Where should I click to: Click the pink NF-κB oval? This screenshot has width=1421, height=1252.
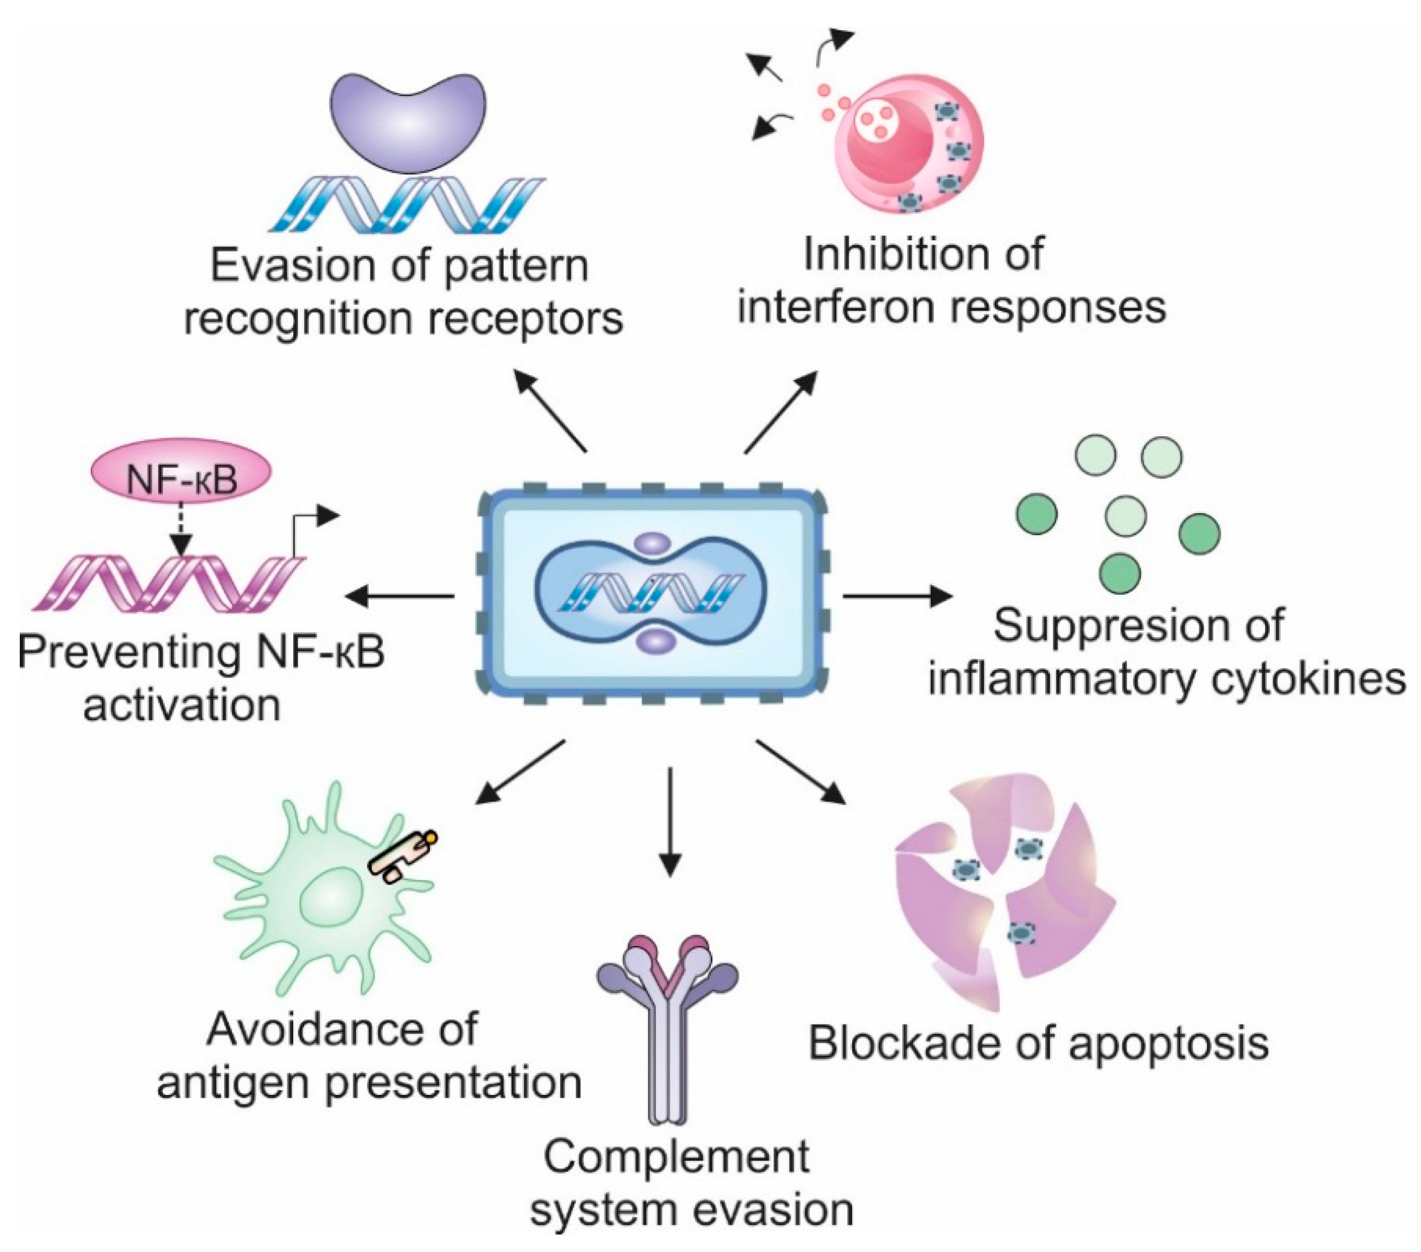coord(181,479)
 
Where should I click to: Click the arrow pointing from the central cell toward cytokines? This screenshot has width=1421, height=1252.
coord(897,596)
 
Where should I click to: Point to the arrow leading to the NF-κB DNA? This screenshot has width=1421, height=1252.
coord(400,596)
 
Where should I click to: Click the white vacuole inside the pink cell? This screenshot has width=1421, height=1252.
coord(873,125)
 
